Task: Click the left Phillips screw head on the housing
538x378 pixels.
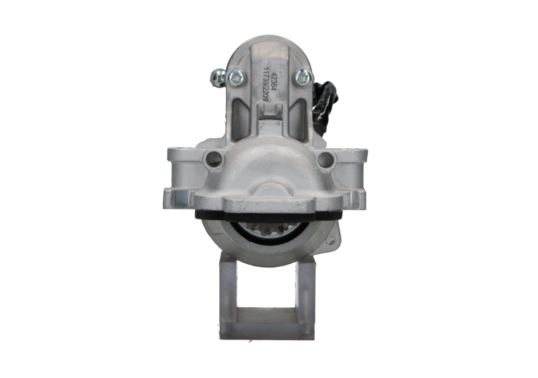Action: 236,78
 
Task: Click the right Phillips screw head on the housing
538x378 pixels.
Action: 302,78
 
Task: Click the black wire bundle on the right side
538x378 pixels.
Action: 328,101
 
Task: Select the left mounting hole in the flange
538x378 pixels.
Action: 213,160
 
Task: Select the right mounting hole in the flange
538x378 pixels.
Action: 325,160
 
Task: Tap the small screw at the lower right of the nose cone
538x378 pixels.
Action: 330,240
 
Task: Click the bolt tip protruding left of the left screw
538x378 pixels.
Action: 217,77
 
